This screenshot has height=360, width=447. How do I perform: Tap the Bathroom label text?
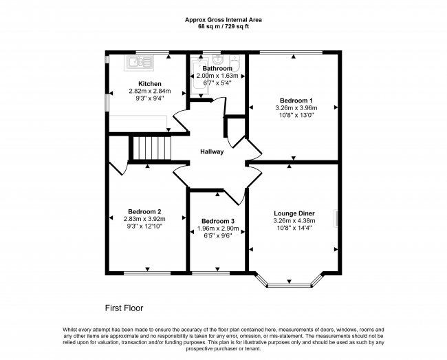pyautogui.click(x=217, y=68)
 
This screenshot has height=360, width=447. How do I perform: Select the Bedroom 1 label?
pyautogui.click(x=294, y=100)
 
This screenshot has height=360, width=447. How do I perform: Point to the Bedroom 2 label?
pyautogui.click(x=144, y=211)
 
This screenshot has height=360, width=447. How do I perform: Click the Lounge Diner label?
pyautogui.click(x=294, y=213)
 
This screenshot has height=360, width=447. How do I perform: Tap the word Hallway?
pyautogui.click(x=212, y=151)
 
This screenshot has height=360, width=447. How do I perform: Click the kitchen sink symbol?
pyautogui.click(x=140, y=63)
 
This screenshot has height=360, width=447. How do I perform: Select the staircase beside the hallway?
pyautogui.click(x=151, y=147)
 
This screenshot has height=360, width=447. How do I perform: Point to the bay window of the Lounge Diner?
pyautogui.click(x=289, y=281)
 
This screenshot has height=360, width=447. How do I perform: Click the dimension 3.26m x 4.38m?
pyautogui.click(x=294, y=221)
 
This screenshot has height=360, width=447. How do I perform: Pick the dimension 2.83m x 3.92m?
pyautogui.click(x=144, y=219)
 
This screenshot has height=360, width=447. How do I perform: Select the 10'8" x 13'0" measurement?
pyautogui.click(x=294, y=115)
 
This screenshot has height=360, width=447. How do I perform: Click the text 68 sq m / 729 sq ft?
pyautogui.click(x=223, y=28)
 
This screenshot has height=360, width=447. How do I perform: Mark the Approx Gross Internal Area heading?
pyautogui.click(x=223, y=20)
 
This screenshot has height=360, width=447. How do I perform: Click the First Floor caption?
pyautogui.click(x=124, y=308)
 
